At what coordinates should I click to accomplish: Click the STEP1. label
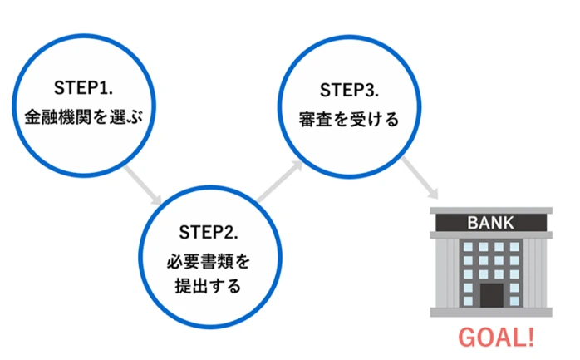click(x=83, y=88)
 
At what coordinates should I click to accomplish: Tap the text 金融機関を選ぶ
click(x=84, y=117)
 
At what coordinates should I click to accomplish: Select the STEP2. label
click(x=209, y=232)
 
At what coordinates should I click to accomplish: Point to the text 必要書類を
click(x=209, y=262)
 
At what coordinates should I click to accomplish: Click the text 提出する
click(x=209, y=286)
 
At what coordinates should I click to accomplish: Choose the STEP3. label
click(x=349, y=90)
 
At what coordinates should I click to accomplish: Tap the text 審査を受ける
click(x=349, y=119)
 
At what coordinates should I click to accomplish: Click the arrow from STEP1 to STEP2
click(x=143, y=185)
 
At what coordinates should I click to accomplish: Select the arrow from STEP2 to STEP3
click(x=280, y=181)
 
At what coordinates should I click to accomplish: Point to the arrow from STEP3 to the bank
click(x=420, y=178)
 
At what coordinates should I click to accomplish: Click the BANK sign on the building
click(x=491, y=223)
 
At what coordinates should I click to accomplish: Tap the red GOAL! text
click(x=496, y=338)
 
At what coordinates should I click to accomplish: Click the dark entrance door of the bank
click(x=492, y=296)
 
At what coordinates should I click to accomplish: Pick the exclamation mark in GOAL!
click(x=531, y=338)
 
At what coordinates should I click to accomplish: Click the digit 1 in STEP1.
click(x=104, y=88)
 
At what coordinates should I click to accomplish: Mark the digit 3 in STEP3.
click(x=370, y=90)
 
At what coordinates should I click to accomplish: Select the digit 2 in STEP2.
click(x=229, y=232)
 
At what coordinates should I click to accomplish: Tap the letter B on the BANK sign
click(x=473, y=223)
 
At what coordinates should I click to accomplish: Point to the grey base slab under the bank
click(x=491, y=313)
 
